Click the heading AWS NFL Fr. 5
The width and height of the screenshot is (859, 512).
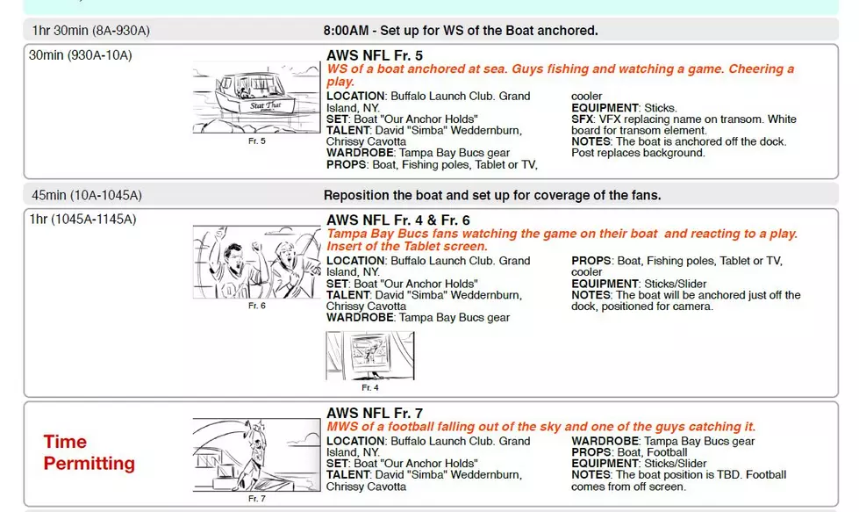(x=375, y=55)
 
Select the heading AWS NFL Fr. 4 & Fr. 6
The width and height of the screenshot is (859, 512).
(x=398, y=220)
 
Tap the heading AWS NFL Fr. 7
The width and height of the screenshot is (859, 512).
(x=375, y=414)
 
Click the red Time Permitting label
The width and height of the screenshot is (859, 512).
(x=89, y=452)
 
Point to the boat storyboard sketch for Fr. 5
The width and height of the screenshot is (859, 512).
(x=256, y=97)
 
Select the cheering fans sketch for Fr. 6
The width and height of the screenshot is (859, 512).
(x=256, y=262)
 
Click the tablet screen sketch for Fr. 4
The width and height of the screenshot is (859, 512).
(x=370, y=355)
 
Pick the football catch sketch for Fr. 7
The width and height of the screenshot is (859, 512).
(x=256, y=455)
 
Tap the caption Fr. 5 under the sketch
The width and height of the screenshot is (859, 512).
(x=256, y=141)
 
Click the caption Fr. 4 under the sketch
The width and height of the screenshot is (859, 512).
(x=369, y=387)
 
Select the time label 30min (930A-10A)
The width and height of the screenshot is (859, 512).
(x=81, y=55)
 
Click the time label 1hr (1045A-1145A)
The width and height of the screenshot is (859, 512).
(x=82, y=220)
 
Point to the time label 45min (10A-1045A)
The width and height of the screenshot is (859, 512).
(x=87, y=195)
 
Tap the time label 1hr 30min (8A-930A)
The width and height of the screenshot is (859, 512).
(x=90, y=31)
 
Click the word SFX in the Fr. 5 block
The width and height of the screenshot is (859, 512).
(x=582, y=119)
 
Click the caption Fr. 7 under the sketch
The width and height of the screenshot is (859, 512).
(x=256, y=498)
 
